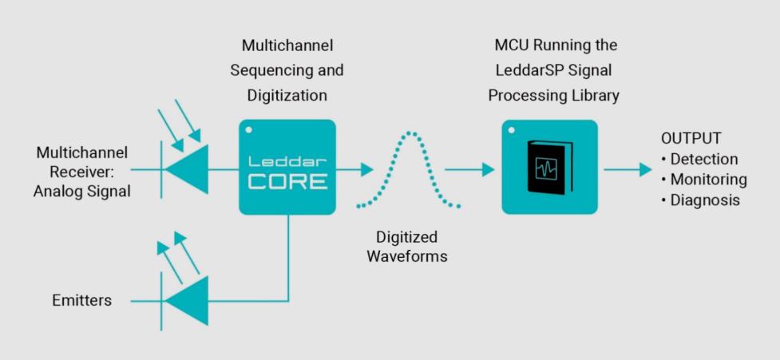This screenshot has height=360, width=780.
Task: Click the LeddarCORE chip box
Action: pos(287,167)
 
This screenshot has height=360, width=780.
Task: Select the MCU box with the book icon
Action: pos(549,167)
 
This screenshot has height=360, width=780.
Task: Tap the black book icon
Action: pos(549,168)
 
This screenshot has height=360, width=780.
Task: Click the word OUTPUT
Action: pos(691,138)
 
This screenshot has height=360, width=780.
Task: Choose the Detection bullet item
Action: pos(703,159)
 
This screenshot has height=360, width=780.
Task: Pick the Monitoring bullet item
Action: pos(707,180)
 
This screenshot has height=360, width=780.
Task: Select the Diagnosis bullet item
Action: pos(703,200)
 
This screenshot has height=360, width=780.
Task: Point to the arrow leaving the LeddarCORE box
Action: pos(354,169)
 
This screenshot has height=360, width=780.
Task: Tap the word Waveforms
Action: pos(406,257)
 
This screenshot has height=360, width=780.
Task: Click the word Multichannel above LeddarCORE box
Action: pos(287,45)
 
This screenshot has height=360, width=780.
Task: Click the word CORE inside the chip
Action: pos(287,180)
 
